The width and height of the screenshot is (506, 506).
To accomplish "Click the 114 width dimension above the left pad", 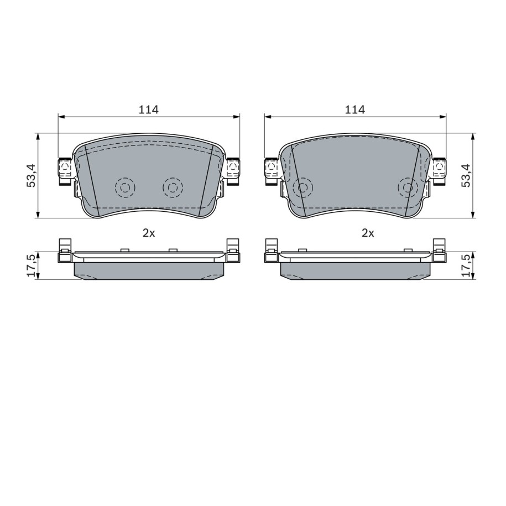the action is click(149, 109).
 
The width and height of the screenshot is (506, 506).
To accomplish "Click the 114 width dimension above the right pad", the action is click(355, 109).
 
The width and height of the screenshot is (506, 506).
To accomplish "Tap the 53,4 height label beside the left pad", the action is click(32, 175).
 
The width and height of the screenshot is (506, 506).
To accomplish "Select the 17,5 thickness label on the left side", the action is click(32, 265).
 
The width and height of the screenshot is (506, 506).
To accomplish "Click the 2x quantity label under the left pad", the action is click(149, 233).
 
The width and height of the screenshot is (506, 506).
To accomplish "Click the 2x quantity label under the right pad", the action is click(368, 233).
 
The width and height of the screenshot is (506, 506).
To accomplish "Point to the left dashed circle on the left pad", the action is click(125, 187).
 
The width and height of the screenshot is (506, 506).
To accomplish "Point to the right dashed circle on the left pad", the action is click(173, 187).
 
